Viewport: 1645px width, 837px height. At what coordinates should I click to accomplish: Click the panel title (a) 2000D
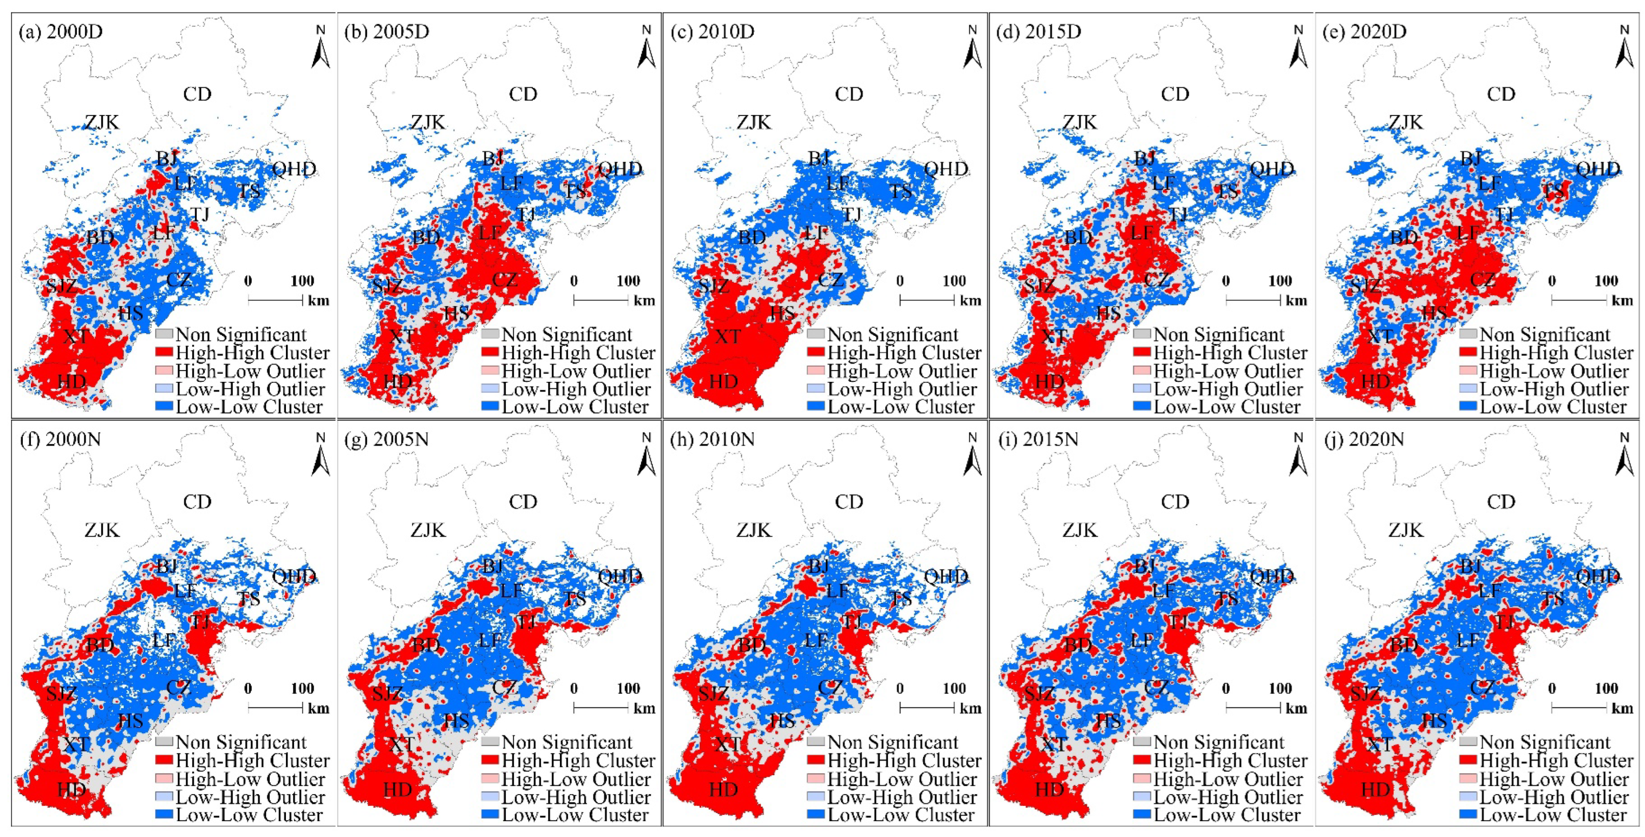tap(61, 32)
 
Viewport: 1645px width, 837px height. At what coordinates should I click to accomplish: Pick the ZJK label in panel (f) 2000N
tap(102, 530)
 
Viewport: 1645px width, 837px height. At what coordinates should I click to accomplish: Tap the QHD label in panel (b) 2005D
tap(620, 169)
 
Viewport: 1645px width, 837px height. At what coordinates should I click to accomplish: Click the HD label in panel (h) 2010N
tap(724, 790)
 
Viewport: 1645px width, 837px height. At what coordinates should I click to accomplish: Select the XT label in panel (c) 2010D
tap(728, 337)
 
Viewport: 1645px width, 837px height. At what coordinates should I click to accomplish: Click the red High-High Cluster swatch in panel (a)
tap(165, 352)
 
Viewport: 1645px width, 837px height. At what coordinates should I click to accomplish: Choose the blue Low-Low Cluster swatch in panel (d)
tap(1143, 406)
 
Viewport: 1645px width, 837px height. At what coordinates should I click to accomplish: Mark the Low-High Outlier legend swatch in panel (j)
tap(1469, 797)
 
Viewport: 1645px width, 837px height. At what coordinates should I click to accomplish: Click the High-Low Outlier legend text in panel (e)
tap(1554, 371)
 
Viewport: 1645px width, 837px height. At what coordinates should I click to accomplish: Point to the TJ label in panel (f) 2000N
tap(201, 621)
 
